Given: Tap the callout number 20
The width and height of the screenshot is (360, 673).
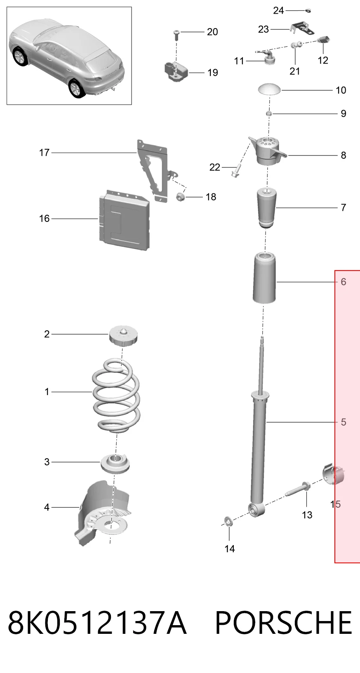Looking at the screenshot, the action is click(212, 32).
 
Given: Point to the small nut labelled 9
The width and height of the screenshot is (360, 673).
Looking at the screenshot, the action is click(269, 113).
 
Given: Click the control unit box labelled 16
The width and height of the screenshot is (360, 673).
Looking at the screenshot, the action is click(124, 220).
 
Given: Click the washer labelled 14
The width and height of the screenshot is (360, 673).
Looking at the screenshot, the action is click(228, 522).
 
